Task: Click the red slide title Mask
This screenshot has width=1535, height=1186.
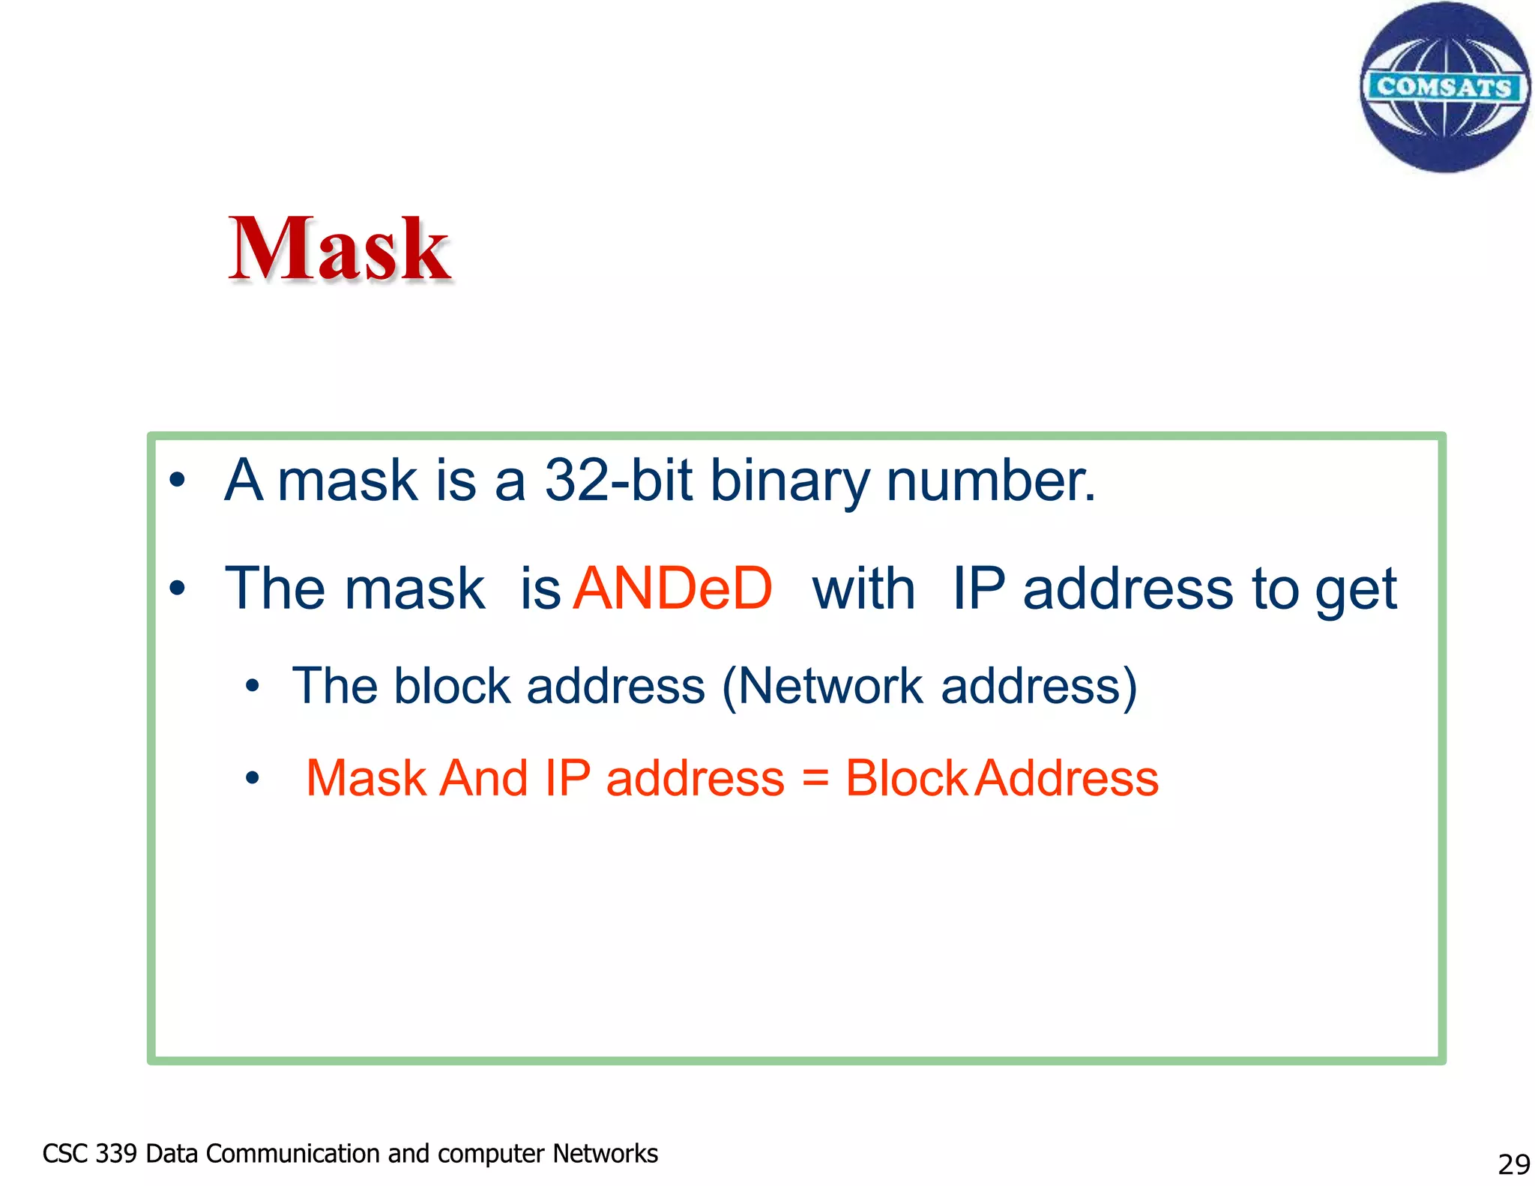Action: pyautogui.click(x=339, y=249)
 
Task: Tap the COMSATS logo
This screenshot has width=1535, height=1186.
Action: pyautogui.click(x=1444, y=87)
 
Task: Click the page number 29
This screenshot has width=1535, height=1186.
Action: pyautogui.click(x=1513, y=1164)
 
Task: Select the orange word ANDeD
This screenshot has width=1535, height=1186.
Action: pyautogui.click(x=672, y=589)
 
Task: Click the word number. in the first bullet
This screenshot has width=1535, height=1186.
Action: pyautogui.click(x=991, y=481)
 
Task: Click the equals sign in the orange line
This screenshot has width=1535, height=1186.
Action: pyautogui.click(x=815, y=778)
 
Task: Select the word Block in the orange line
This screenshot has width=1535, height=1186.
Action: pyautogui.click(x=906, y=778)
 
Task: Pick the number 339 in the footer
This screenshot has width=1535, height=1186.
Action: pyautogui.click(x=116, y=1154)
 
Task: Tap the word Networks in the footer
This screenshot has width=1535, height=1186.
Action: pyautogui.click(x=605, y=1154)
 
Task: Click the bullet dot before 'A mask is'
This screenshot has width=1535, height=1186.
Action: pyautogui.click(x=177, y=481)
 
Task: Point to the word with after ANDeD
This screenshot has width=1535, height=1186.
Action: pyautogui.click(x=863, y=589)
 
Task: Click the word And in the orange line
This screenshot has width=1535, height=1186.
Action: pyautogui.click(x=483, y=778)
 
